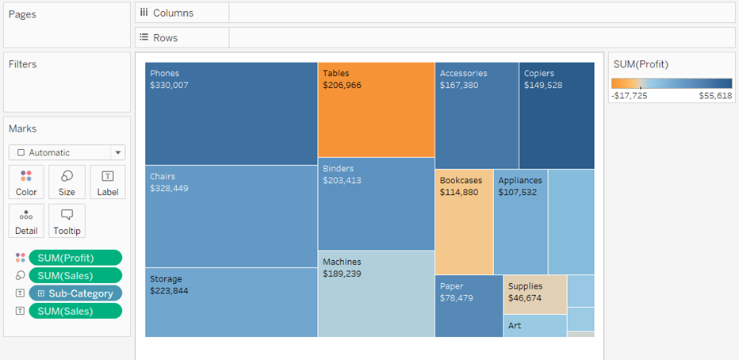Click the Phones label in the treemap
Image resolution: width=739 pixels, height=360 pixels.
tap(165, 73)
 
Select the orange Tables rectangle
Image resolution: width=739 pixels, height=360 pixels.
tap(376, 111)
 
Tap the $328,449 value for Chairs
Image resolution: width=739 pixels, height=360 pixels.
tap(169, 189)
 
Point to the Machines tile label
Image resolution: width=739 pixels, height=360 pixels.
tap(342, 262)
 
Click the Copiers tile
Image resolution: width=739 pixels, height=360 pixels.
tap(556, 115)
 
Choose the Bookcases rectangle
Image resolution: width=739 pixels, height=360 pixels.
tap(463, 222)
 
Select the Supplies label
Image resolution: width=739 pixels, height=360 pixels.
tap(526, 286)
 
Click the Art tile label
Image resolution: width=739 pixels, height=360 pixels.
tap(515, 325)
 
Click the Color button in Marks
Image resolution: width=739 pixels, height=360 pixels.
tap(26, 182)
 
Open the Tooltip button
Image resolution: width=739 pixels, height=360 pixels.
tap(67, 220)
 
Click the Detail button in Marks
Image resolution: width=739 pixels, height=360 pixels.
tap(26, 220)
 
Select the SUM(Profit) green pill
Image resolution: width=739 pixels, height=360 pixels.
tap(75, 258)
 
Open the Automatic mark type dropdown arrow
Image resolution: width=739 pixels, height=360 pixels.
tap(118, 152)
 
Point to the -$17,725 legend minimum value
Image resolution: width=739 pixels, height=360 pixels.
tap(630, 95)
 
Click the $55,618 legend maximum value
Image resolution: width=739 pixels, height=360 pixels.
tap(715, 95)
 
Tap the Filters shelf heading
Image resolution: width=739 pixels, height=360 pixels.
tap(23, 64)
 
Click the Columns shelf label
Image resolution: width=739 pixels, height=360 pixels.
tap(173, 13)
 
